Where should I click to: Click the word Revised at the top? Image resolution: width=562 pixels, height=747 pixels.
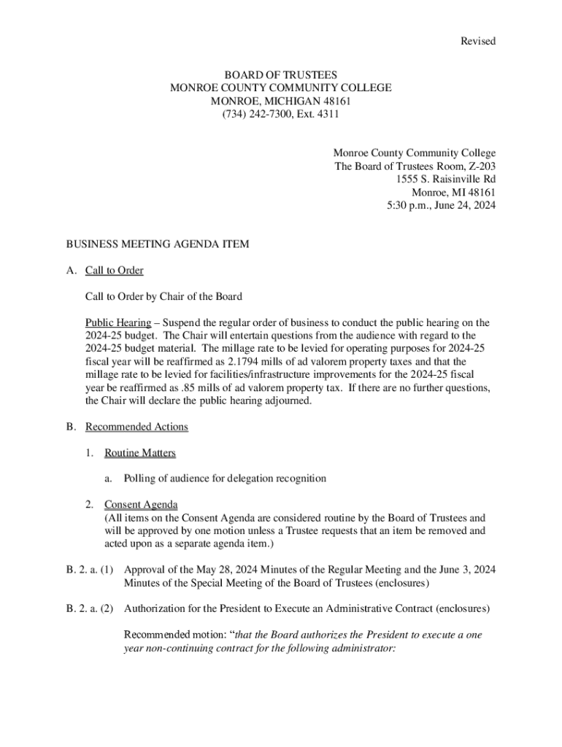(x=477, y=42)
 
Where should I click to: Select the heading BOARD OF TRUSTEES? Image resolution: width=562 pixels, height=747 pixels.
(x=280, y=75)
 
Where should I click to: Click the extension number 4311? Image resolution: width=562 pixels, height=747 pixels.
(x=327, y=115)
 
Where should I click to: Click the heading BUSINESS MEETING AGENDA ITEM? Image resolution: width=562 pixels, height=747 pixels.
(x=158, y=244)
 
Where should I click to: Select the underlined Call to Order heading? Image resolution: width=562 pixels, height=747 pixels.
(x=115, y=271)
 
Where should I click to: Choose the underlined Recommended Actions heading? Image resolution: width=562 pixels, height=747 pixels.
(x=136, y=427)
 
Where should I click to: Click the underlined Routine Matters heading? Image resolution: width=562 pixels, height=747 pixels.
(x=140, y=453)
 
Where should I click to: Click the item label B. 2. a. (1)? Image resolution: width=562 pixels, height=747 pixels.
(x=90, y=570)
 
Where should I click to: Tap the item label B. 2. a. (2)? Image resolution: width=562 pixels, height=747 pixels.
(x=90, y=609)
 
